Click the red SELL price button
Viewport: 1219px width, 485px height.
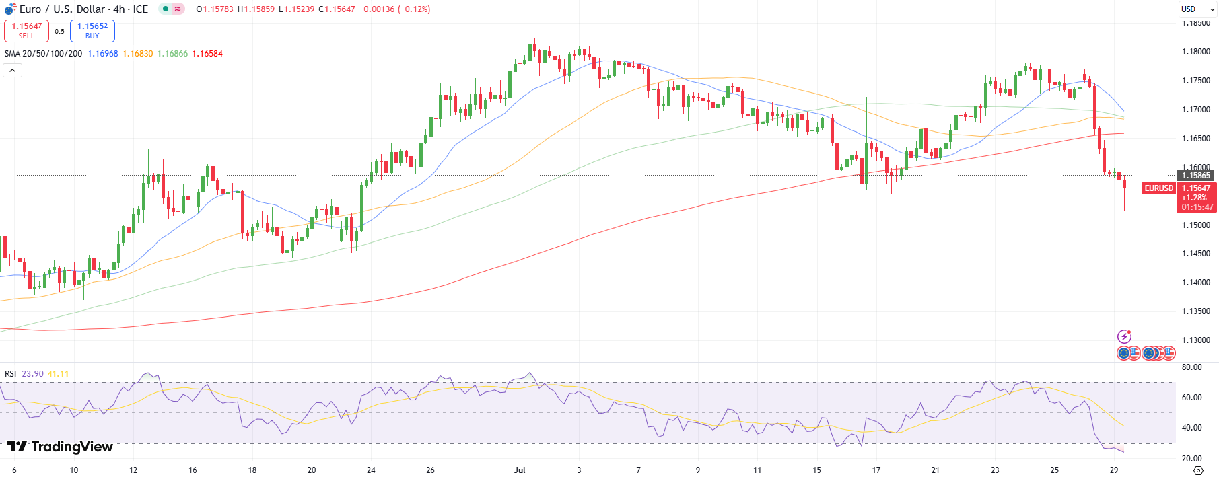[26, 31]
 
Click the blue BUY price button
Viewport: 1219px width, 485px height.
[92, 31]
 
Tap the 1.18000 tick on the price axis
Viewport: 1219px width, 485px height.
[1195, 52]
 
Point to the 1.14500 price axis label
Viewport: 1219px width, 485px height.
[1195, 254]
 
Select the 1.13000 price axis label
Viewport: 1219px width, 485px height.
[1195, 340]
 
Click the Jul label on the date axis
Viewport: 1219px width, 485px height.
[519, 470]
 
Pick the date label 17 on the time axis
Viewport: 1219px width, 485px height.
[876, 470]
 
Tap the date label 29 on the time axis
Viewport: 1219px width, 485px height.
[1114, 470]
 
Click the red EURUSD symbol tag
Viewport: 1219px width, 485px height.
[1158, 188]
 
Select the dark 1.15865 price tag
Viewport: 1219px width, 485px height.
[1196, 176]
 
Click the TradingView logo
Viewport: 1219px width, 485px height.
[60, 447]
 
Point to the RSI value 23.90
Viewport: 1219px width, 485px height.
[32, 374]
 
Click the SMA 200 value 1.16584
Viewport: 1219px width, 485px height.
[207, 54]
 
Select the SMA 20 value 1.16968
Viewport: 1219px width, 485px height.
[102, 54]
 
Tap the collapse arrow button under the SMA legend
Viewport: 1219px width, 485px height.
[12, 70]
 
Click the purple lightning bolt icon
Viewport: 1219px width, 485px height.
[1124, 336]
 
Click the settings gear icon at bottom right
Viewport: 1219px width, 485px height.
[1198, 470]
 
